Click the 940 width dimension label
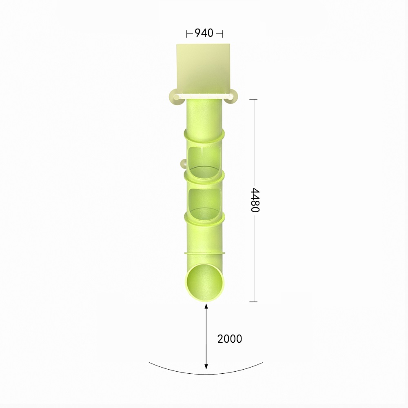(204, 33)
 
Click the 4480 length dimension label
(255, 200)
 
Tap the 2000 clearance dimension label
(229, 339)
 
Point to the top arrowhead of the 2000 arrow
(206, 306)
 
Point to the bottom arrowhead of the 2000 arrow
(206, 366)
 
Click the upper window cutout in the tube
(204, 161)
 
